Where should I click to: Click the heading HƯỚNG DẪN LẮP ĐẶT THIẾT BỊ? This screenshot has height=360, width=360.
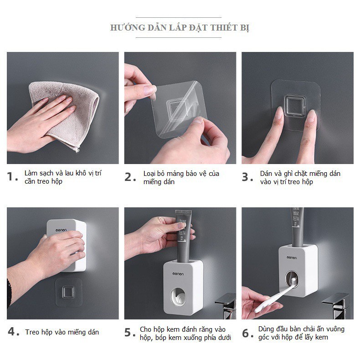[180, 27]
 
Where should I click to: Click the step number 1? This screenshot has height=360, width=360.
[12, 177]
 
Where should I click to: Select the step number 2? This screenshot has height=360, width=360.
[130, 177]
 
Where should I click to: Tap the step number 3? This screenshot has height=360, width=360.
[247, 177]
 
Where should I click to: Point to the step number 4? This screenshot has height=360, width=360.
[14, 332]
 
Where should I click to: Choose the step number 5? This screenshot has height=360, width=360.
[130, 333]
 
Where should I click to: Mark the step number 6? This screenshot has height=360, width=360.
[248, 333]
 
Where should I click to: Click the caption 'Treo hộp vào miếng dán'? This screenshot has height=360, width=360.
[62, 332]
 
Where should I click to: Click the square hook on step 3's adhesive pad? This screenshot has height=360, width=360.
[295, 106]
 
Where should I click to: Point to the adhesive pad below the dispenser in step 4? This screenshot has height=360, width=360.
[68, 292]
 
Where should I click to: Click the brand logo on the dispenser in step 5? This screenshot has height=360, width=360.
[178, 274]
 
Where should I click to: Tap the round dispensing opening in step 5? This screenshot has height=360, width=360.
[178, 296]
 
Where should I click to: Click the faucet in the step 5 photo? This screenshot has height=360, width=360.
[226, 306]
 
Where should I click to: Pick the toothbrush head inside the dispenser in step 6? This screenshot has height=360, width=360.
[293, 283]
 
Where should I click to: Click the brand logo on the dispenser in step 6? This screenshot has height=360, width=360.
[292, 257]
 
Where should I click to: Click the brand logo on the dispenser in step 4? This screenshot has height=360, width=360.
[61, 230]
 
